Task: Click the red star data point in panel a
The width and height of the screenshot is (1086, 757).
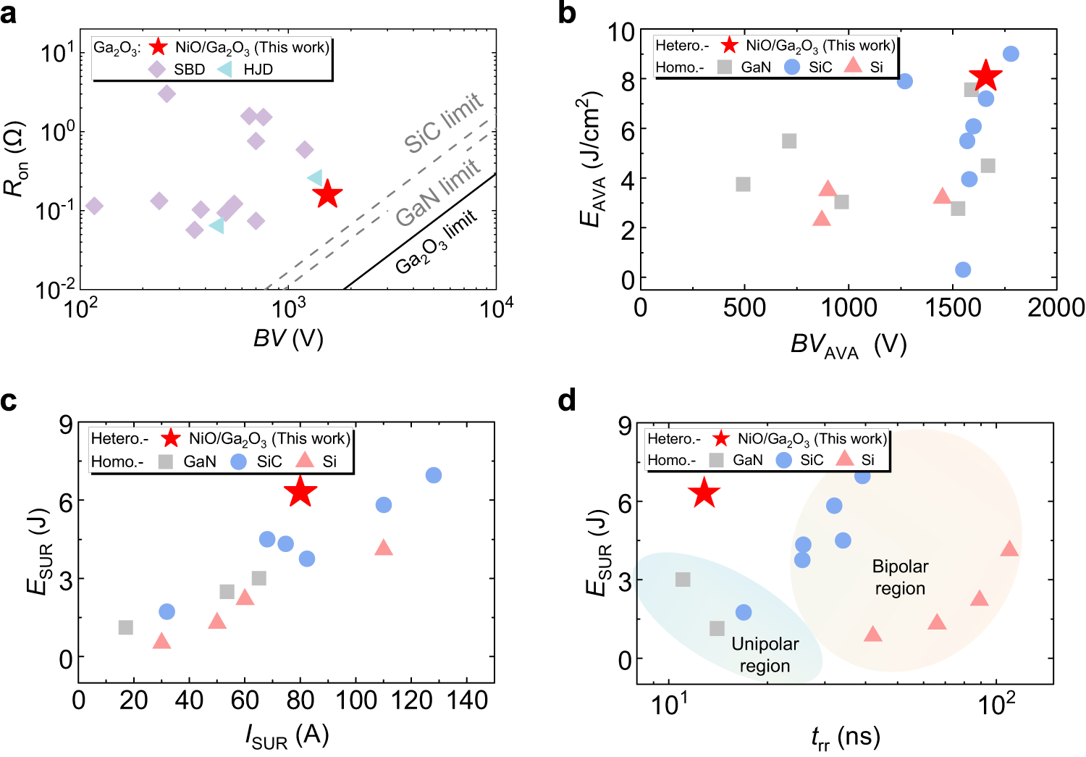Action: click(x=327, y=193)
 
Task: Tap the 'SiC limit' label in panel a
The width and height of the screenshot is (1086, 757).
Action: click(x=443, y=123)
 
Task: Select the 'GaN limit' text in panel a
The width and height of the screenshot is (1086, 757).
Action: click(x=438, y=193)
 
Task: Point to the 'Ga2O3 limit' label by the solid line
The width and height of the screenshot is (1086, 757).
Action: click(x=436, y=242)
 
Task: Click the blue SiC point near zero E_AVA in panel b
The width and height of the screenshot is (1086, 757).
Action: click(x=962, y=269)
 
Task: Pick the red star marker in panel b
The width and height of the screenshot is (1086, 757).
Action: click(x=985, y=76)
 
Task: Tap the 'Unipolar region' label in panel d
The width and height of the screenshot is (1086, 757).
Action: click(x=765, y=654)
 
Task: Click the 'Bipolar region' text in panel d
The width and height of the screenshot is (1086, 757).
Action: click(x=900, y=577)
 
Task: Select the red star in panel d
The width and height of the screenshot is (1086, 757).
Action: click(x=704, y=494)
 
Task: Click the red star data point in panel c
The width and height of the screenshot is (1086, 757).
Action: click(x=300, y=493)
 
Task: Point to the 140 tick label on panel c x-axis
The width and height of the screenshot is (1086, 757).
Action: click(x=466, y=700)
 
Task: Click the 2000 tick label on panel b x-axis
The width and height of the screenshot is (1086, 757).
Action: click(x=1056, y=307)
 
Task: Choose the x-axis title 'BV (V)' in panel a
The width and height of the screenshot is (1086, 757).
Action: click(x=288, y=338)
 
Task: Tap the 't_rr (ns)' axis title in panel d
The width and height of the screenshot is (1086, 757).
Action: click(x=845, y=738)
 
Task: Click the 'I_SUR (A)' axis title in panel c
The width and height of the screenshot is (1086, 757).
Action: click(x=287, y=736)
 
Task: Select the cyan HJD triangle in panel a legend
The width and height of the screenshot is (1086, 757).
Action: click(x=225, y=70)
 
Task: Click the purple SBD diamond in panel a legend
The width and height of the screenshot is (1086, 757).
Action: click(x=157, y=70)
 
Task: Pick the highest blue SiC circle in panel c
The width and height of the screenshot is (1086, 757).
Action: click(x=433, y=475)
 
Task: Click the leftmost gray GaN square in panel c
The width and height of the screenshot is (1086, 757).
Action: click(x=126, y=627)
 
